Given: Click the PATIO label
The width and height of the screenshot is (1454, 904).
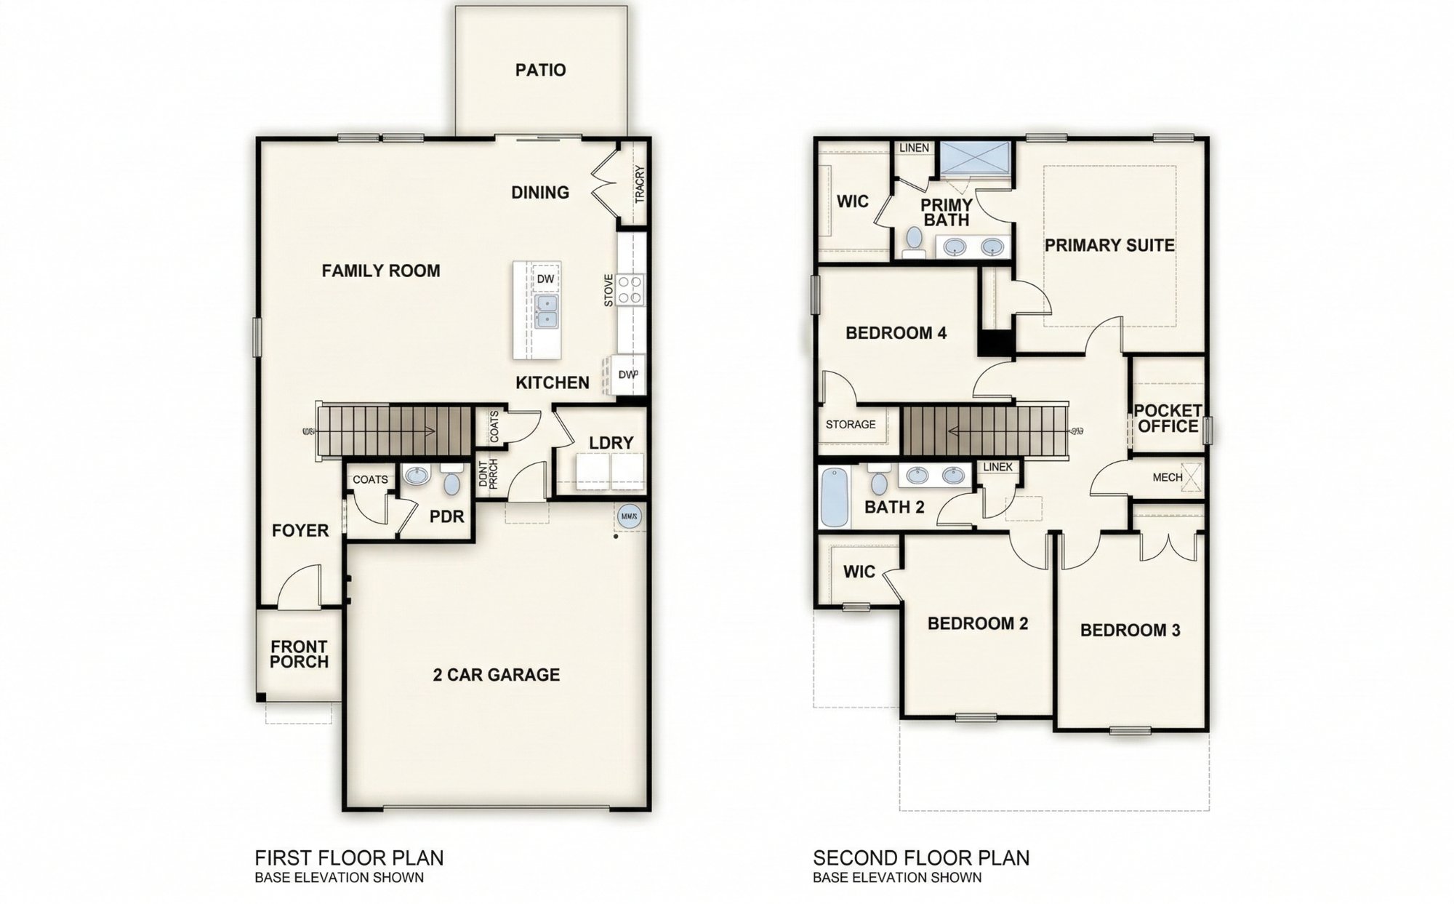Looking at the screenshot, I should click(x=540, y=71).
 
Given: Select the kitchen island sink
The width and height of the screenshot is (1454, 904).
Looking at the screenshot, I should click(x=546, y=311).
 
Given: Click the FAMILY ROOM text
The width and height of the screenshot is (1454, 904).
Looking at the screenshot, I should click(x=381, y=271).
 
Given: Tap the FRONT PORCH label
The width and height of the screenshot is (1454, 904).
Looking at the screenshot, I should click(x=299, y=654).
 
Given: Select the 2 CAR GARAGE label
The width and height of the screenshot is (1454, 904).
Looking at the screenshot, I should click(x=497, y=675).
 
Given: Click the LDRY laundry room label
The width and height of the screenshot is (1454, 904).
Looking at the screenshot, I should click(x=611, y=442).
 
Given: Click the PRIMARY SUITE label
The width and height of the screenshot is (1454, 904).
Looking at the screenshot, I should click(x=1109, y=246).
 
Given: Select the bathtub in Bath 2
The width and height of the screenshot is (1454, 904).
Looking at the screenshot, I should click(x=834, y=498).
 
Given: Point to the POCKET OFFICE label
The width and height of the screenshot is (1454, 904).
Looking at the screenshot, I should click(x=1168, y=419).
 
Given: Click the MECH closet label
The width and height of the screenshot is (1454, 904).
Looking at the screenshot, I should click(x=1168, y=478).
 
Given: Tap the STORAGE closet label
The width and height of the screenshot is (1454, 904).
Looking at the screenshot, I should click(x=851, y=425).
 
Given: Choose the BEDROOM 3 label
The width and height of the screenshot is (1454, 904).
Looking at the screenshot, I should click(x=1130, y=631).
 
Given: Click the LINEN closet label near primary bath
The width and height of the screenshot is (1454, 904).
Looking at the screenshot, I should click(x=914, y=148).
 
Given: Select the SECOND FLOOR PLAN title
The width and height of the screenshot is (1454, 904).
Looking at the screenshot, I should click(x=921, y=858).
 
